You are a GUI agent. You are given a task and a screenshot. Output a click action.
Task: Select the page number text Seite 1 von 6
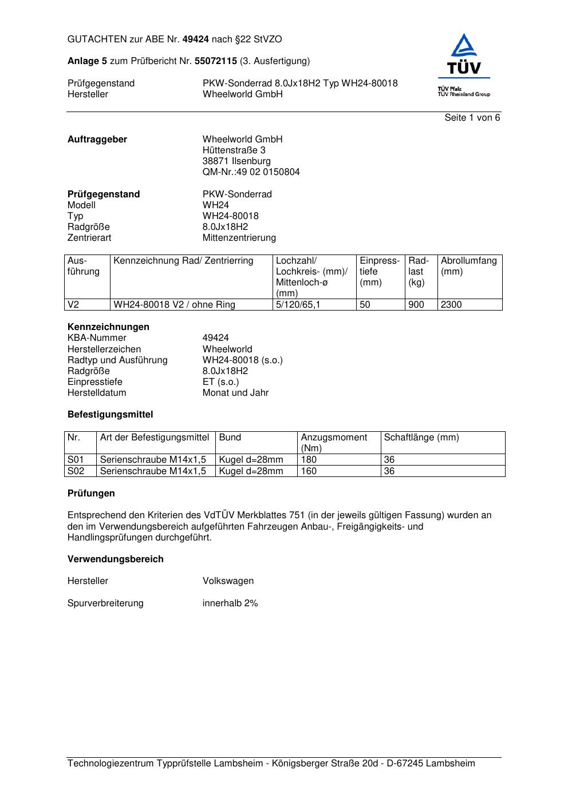tap(472, 118)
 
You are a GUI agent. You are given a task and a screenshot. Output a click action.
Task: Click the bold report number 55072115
tap(216, 61)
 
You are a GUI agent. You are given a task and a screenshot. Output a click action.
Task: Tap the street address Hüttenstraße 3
tap(234, 150)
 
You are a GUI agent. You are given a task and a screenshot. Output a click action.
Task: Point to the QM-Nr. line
tap(251, 172)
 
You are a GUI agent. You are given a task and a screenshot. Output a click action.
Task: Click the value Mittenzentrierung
tap(239, 238)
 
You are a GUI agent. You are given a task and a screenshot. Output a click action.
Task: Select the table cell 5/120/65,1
tap(298, 305)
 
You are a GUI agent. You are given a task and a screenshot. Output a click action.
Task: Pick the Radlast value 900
tap(416, 305)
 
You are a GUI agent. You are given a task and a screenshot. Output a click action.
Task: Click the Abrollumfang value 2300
tap(451, 305)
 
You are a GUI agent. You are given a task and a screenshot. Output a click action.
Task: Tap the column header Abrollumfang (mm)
tap(468, 267)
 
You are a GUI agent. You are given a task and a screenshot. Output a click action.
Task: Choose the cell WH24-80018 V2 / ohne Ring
tap(174, 305)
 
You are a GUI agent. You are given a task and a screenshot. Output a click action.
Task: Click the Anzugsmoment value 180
tap(309, 460)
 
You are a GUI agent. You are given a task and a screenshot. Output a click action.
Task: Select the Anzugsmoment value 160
tap(309, 471)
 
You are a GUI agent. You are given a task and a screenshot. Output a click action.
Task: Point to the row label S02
tap(76, 471)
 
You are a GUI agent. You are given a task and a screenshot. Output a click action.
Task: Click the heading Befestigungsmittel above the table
tap(110, 415)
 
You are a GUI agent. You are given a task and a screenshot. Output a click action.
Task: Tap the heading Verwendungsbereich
tap(115, 559)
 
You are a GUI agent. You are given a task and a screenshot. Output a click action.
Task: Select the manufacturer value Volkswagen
tap(228, 581)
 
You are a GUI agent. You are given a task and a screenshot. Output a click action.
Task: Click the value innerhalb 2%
tap(230, 603)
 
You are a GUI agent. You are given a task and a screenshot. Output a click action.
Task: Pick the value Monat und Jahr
tap(235, 393)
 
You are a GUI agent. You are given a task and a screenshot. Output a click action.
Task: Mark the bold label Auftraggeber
tap(97, 140)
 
